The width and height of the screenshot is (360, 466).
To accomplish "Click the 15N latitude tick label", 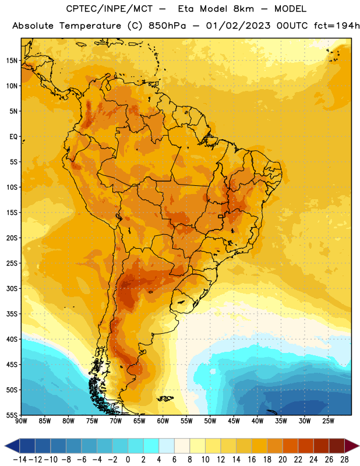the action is pyautogui.click(x=12, y=61).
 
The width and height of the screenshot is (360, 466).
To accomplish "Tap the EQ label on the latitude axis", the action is pyautogui.click(x=13, y=137).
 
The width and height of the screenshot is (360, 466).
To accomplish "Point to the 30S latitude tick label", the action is pyautogui.click(x=12, y=288).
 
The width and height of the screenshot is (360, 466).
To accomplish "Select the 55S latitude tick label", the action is pyautogui.click(x=12, y=415).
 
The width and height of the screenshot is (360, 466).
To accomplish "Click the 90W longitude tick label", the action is pyautogui.click(x=22, y=421).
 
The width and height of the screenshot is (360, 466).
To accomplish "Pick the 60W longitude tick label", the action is pyautogui.click(x=163, y=421).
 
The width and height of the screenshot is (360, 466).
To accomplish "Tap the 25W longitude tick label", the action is pyautogui.click(x=328, y=421).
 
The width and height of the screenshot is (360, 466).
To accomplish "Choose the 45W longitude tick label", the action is pyautogui.click(x=234, y=421).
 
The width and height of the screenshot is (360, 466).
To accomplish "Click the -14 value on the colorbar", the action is pyautogui.click(x=20, y=460).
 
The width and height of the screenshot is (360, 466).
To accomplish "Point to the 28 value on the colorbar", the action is pyautogui.click(x=344, y=460).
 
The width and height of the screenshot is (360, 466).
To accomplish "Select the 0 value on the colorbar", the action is pyautogui.click(x=128, y=460).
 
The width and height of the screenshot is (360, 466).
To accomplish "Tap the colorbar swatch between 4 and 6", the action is pyautogui.click(x=167, y=446).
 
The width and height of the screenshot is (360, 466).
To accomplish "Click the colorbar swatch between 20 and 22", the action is pyautogui.click(x=291, y=446).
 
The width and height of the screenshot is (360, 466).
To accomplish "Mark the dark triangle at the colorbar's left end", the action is pyautogui.click(x=12, y=446).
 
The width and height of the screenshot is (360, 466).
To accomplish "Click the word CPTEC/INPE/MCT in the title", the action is pyautogui.click(x=110, y=9).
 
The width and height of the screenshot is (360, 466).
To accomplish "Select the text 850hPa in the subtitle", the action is pyautogui.click(x=167, y=26).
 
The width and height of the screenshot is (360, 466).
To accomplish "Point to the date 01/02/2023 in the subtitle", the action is pyautogui.click(x=238, y=26).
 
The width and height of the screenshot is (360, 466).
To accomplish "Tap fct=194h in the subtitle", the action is pyautogui.click(x=337, y=26).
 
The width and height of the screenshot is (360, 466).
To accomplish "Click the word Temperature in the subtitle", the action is pyautogui.click(x=90, y=26).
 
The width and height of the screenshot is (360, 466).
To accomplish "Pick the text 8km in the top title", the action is pyautogui.click(x=243, y=9).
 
